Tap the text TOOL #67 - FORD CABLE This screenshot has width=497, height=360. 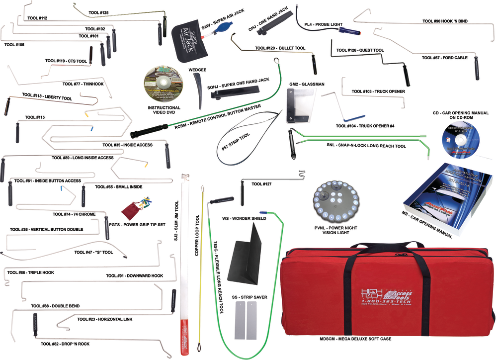coord(445,58)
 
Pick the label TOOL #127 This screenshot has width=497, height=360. coord(261,184)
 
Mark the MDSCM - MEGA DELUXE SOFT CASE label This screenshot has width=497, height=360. coord(355,339)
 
